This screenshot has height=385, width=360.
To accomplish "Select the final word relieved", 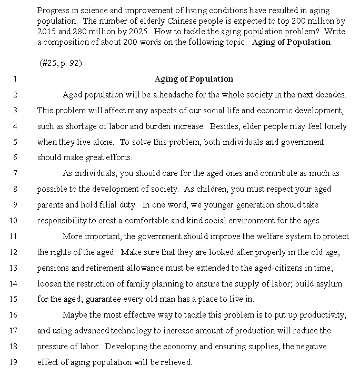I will pyautogui.click(x=177, y=362).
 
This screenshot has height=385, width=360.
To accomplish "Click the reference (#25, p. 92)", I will pyautogui.click(x=61, y=63).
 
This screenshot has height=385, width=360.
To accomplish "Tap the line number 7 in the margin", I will pyautogui.click(x=15, y=173).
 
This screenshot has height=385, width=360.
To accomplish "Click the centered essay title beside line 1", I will pyautogui.click(x=194, y=79).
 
